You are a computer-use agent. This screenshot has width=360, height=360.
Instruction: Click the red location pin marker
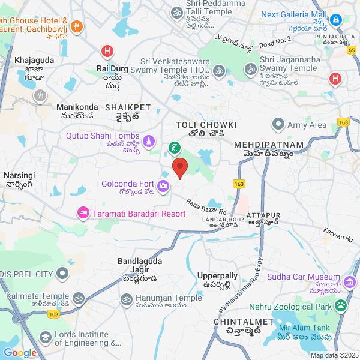(x=179, y=168)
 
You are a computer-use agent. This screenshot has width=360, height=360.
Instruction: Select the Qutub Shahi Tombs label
(x=103, y=136)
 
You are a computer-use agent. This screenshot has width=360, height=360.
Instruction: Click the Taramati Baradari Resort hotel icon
(x=83, y=213)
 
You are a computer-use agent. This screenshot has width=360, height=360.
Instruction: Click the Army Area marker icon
(x=278, y=125)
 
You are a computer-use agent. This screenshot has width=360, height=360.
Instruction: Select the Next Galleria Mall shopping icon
(x=337, y=20)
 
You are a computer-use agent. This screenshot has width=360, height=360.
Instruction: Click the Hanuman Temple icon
(x=126, y=298)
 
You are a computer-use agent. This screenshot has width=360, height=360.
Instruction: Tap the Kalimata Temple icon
(x=78, y=298)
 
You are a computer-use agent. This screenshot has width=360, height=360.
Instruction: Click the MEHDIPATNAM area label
(x=263, y=145)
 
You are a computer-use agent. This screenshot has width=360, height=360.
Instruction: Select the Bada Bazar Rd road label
(x=206, y=208)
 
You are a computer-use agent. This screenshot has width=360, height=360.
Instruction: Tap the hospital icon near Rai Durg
(x=107, y=52)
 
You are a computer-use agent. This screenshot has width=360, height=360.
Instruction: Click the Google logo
(x=19, y=353)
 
